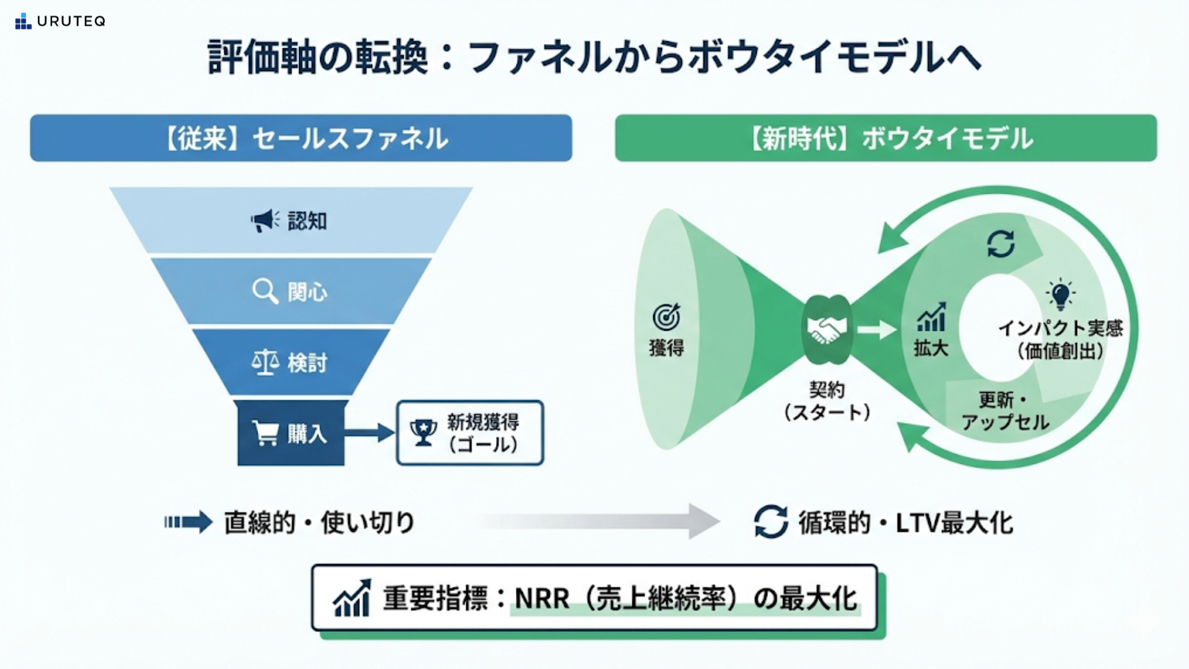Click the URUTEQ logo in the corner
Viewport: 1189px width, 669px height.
point(60,22)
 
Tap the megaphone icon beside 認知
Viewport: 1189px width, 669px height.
point(264,221)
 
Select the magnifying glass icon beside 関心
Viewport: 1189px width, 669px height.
point(265,291)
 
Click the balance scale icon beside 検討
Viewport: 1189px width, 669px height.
point(265,362)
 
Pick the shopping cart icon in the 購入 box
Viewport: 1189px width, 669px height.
point(266,433)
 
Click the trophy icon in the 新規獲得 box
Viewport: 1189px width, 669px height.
point(424,432)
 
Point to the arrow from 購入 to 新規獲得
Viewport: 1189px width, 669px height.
point(370,432)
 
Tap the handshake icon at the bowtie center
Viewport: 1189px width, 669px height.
point(827,330)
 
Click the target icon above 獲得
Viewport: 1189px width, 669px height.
point(666,317)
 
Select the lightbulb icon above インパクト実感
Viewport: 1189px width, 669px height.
point(1060,294)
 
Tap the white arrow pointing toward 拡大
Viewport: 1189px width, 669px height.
point(876,330)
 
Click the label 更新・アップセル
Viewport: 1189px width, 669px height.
point(1004,411)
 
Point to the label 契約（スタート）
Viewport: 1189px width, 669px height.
point(827,401)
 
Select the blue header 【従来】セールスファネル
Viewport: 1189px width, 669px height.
point(301,138)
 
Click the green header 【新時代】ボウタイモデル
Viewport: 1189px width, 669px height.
point(886,138)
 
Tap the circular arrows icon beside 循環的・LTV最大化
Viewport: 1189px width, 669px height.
point(771,522)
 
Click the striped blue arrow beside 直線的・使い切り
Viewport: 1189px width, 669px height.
point(188,522)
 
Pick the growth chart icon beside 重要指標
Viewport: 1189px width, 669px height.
point(352,598)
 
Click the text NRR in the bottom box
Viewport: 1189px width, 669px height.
point(542,598)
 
